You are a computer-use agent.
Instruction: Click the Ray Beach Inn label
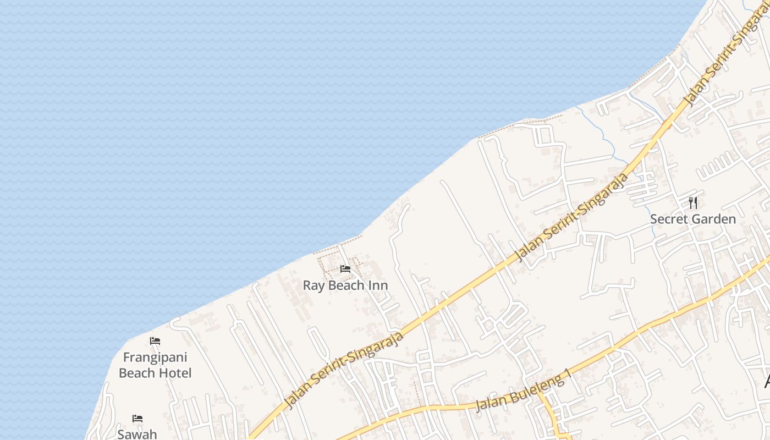point(345,285)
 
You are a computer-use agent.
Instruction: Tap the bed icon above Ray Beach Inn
point(345,269)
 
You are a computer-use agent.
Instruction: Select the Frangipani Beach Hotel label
point(155,365)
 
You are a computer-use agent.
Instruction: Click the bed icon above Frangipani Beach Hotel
point(155,341)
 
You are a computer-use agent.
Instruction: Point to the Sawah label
point(137,435)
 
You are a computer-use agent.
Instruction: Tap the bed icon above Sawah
point(137,419)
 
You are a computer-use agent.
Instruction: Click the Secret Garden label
point(693,219)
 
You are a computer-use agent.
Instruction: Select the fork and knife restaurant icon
point(693,203)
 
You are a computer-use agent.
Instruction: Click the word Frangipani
point(155,358)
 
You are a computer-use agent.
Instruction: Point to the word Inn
point(378,285)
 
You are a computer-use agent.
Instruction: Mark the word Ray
point(312,285)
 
